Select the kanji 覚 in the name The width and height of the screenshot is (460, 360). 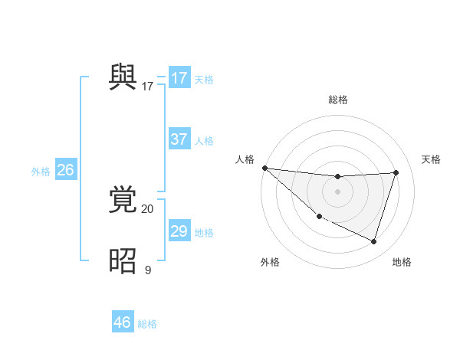pos(123,201)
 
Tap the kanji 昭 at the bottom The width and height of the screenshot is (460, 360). pos(123,260)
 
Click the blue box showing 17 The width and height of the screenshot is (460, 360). pos(179,78)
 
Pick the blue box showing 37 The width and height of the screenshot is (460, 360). pos(179,139)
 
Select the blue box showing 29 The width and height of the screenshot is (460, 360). pos(179,231)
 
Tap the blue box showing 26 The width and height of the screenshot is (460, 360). pos(66,170)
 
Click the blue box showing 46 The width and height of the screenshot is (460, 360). pos(123,322)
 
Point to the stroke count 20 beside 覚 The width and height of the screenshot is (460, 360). pos(147,209)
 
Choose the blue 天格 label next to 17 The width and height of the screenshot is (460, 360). pos(204,80)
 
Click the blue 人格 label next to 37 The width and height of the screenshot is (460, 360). pos(204,141)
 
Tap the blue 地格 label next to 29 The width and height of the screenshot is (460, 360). pos(204,233)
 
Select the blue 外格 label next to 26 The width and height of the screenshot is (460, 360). pos(41,172)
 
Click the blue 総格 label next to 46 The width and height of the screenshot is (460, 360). pos(147,324)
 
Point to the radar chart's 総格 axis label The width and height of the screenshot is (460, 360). pos(338,100)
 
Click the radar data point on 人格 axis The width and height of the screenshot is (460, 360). pos(264,168)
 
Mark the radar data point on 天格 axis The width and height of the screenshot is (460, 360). pos(396,172)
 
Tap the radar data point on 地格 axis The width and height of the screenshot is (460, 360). pos(373,241)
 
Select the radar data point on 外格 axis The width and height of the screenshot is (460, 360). pos(319,216)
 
